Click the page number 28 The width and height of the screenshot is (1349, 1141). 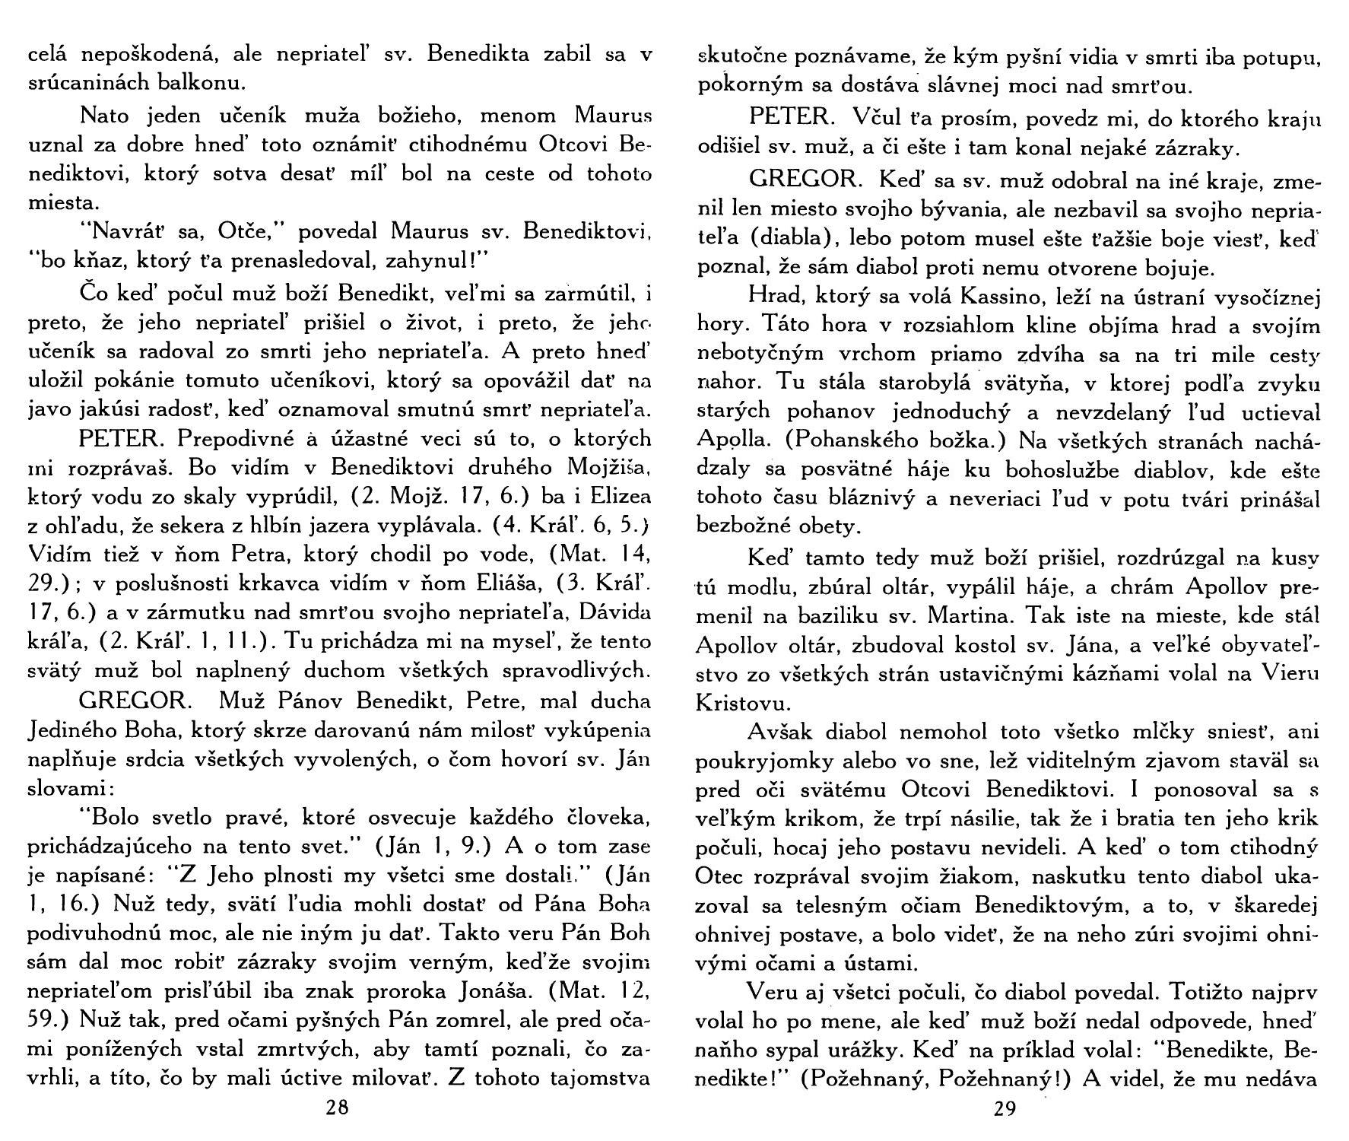coord(336,1108)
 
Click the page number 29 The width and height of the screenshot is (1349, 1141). coord(1005,1109)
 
